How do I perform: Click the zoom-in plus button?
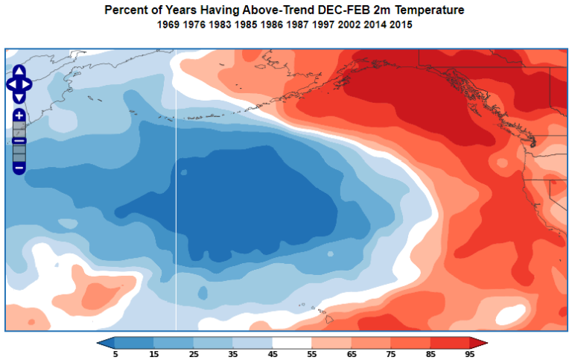pyautogui.click(x=19, y=116)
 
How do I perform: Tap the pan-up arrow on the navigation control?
pyautogui.click(x=19, y=72)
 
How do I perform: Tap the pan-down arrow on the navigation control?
pyautogui.click(x=19, y=96)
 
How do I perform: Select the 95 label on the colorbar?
pyautogui.click(x=470, y=354)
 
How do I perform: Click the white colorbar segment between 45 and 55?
pyautogui.click(x=293, y=343)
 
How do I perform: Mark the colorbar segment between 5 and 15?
pyautogui.click(x=135, y=343)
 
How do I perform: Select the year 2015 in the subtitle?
pyautogui.click(x=400, y=25)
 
